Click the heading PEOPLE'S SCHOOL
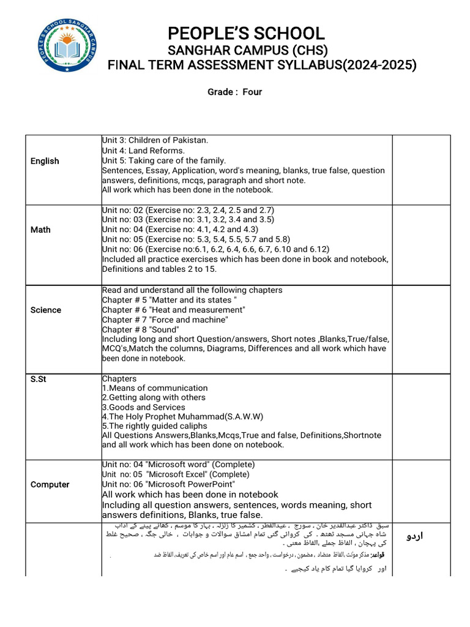pos(246,33)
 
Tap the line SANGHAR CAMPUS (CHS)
pos(248,50)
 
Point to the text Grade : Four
pos(235,92)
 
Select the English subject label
pos(45,161)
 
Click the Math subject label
pos(40,230)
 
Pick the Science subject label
pos(46,310)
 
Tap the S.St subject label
pos(39,379)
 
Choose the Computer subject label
pos(50,484)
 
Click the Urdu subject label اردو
pos(415,536)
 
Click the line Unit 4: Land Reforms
pos(143,151)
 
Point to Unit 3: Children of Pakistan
pos(155,141)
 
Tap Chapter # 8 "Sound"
pos(140,329)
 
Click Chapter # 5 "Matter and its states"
pos(170,300)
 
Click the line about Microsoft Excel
pos(176,475)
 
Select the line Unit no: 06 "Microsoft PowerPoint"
pos(178,484)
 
